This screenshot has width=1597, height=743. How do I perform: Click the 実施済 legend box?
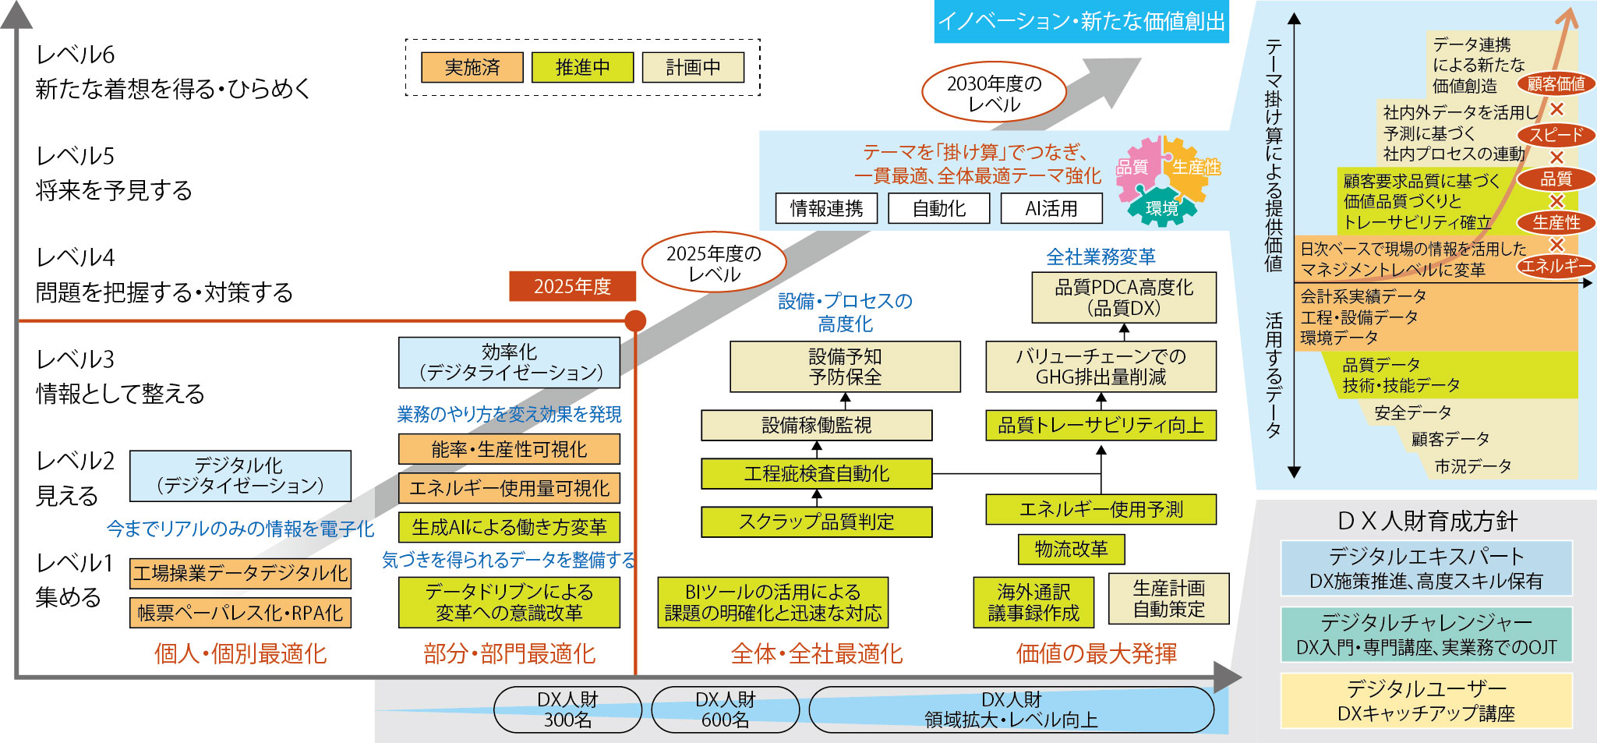[472, 68]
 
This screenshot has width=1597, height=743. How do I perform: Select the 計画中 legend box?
[693, 68]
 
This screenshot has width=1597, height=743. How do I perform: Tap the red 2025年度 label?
[572, 286]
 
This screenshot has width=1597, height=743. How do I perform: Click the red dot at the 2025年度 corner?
[635, 320]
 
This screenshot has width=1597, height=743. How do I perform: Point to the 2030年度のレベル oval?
[994, 94]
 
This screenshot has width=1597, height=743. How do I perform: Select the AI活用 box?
[1051, 208]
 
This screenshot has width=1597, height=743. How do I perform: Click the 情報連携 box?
[826, 208]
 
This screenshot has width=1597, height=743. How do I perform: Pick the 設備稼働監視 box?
[816, 425]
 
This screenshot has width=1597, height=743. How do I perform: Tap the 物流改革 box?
[1071, 549]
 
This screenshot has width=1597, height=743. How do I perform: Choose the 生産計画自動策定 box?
[1168, 598]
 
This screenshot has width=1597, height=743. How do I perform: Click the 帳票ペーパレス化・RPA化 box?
[240, 613]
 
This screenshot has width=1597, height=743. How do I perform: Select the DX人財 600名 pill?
[725, 709]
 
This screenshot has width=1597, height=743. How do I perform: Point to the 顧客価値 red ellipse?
[1556, 84]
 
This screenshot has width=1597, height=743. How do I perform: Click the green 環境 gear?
[1161, 207]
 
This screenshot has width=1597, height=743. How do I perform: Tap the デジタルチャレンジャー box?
[1426, 634]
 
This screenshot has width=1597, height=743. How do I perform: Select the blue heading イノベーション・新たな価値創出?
[1081, 22]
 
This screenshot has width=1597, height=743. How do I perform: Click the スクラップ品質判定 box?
[816, 522]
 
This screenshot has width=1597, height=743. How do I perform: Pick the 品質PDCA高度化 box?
[1123, 297]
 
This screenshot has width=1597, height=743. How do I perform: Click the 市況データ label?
[1473, 466]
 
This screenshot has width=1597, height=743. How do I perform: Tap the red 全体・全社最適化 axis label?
[816, 653]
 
